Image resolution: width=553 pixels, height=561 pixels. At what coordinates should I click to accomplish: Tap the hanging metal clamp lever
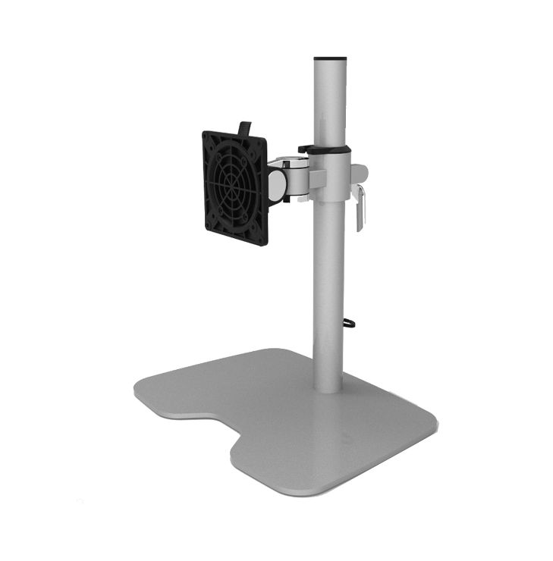(x=361, y=206)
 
